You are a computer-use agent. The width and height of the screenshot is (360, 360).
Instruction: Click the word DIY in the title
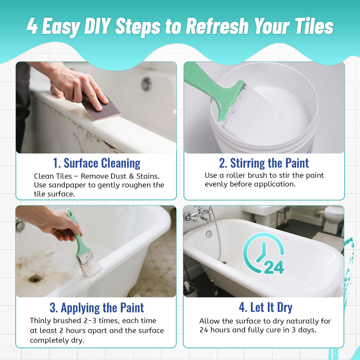tap(98, 26)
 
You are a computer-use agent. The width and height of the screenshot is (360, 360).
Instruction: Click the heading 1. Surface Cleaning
tap(97, 163)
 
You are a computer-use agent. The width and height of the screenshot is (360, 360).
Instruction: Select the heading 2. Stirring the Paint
tap(264, 163)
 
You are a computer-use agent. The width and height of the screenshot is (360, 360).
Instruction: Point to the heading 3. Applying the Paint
tap(97, 308)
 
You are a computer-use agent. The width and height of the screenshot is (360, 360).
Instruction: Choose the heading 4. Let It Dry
tap(266, 307)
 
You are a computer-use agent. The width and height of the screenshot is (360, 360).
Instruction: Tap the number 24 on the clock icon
tap(274, 267)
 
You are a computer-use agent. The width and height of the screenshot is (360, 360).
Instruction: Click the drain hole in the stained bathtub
tap(35, 279)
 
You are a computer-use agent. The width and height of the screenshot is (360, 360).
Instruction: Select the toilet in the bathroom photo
tap(333, 219)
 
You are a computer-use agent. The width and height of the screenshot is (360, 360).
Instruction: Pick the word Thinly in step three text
tap(41, 321)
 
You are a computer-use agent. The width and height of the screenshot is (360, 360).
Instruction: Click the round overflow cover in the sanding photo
tap(146, 84)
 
